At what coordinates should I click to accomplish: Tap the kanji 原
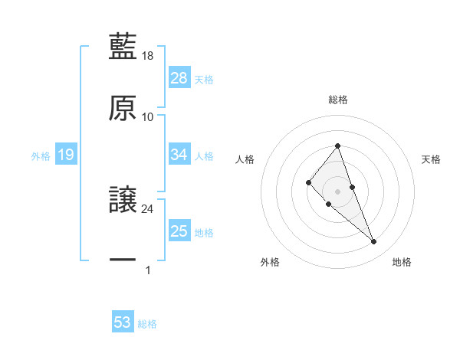[x=123, y=107]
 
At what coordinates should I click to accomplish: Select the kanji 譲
[x=123, y=200]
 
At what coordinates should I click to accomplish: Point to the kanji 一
[x=123, y=260]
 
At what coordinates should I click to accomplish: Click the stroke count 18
[x=148, y=56]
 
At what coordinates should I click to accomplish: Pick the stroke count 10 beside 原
[x=148, y=116]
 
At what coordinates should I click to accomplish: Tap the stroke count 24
[x=148, y=208]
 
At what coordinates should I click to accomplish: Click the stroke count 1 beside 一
[x=148, y=270]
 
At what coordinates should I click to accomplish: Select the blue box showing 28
[x=179, y=78]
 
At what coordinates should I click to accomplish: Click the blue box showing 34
[x=179, y=155]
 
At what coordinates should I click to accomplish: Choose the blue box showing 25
[x=179, y=231]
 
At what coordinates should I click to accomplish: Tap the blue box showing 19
[x=65, y=155]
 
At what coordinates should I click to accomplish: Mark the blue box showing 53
[x=123, y=322]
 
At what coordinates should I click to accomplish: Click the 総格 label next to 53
[x=147, y=324]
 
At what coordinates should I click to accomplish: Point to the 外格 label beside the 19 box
[x=41, y=156]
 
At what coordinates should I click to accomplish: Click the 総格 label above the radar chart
[x=338, y=100]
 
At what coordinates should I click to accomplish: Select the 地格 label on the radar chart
[x=402, y=262]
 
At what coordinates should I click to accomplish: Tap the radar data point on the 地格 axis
[x=374, y=242]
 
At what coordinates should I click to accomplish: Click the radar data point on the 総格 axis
[x=338, y=146]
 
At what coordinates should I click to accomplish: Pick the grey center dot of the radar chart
[x=338, y=191]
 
